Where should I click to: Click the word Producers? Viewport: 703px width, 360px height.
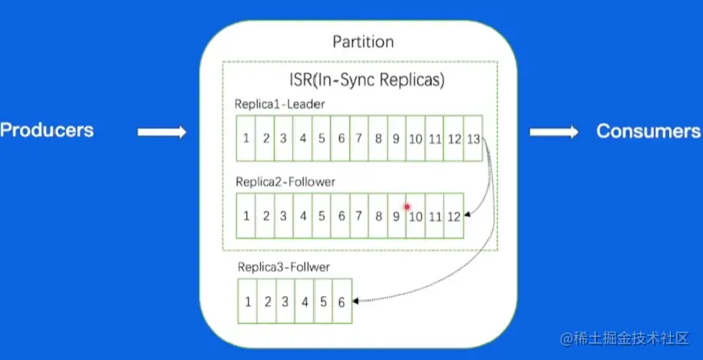click(47, 130)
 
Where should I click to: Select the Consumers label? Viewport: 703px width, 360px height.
click(648, 131)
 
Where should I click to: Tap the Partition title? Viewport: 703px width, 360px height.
click(363, 42)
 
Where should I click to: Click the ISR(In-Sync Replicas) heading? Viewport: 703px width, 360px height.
click(366, 81)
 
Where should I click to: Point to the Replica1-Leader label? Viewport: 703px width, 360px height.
click(279, 104)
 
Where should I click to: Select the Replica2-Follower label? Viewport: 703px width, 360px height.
click(286, 182)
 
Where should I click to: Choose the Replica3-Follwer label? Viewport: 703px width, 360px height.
click(283, 267)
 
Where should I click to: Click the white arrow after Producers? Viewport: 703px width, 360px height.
click(162, 132)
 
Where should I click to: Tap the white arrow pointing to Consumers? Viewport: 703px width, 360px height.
click(554, 132)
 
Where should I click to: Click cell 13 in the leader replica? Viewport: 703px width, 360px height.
click(473, 139)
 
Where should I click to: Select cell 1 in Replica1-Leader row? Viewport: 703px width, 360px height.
click(246, 139)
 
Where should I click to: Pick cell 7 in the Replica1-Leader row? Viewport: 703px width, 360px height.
click(359, 139)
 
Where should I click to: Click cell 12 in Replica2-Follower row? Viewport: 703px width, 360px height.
click(453, 216)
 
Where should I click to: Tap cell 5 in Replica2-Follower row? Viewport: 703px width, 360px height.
click(321, 216)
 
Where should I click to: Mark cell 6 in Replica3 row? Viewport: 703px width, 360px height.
click(342, 301)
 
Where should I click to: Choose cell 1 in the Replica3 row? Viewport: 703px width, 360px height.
click(247, 301)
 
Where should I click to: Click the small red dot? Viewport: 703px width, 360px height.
click(407, 207)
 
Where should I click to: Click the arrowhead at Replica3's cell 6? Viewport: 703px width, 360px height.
click(356, 301)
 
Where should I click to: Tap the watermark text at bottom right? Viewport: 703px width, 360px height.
click(625, 338)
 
